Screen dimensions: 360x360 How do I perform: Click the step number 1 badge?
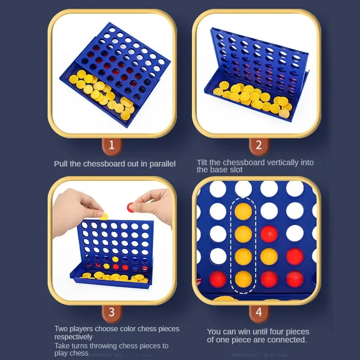coord(112,145)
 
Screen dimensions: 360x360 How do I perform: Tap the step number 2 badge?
coord(258,145)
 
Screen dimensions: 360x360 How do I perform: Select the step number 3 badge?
coord(112,311)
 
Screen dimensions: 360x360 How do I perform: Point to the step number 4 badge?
coord(258,311)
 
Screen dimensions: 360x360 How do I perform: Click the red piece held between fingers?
coord(132,207)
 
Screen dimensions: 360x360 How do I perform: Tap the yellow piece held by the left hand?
coord(104,216)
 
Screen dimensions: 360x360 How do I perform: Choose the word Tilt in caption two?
coord(202,162)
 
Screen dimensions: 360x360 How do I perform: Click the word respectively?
coord(73,337)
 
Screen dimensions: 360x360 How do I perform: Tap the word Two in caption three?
coord(61,329)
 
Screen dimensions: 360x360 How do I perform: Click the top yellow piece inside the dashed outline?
coord(243,211)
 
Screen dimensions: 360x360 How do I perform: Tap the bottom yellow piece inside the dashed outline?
coord(243,279)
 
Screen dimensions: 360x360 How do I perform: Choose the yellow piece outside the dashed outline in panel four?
coord(269,256)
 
